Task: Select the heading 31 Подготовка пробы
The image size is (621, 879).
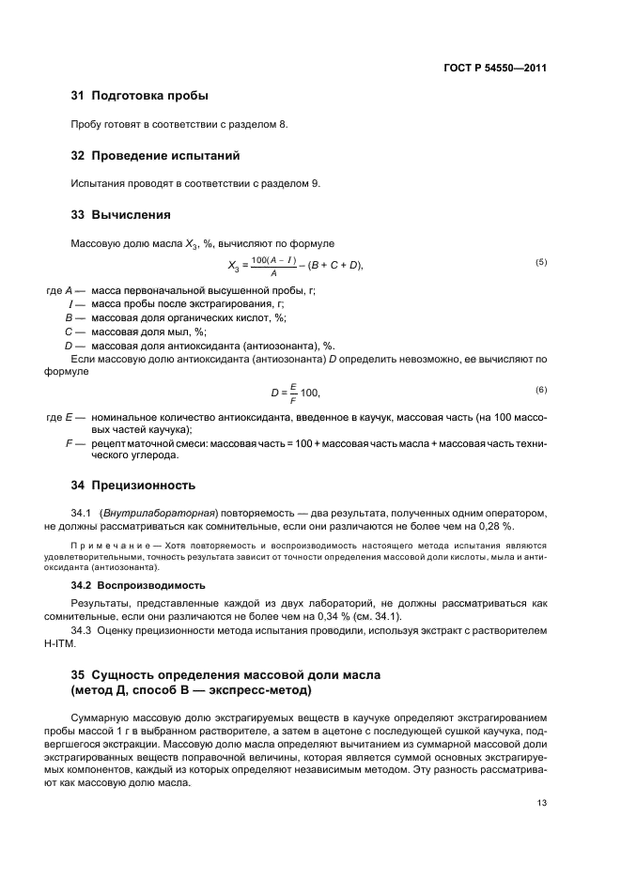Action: (x=140, y=96)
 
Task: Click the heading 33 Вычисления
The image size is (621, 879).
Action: (x=121, y=214)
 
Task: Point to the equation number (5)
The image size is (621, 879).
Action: (x=541, y=262)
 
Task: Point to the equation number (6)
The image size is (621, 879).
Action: (x=541, y=390)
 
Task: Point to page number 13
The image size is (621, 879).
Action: (x=542, y=803)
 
